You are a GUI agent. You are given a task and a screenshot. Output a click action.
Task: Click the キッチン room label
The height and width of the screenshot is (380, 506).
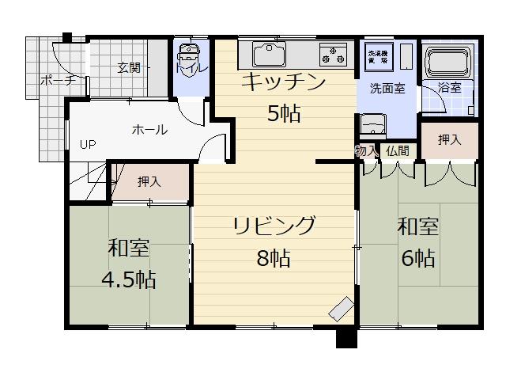pos(283,82)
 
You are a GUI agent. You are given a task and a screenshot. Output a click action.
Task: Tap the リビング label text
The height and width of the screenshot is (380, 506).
pos(274,226)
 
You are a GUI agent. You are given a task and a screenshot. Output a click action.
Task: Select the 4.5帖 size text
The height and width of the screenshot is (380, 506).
pos(127,279)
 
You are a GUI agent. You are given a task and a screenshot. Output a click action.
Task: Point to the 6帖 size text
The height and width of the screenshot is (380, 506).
pos(417,258)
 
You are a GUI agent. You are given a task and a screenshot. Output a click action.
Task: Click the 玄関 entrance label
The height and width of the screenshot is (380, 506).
pos(129,68)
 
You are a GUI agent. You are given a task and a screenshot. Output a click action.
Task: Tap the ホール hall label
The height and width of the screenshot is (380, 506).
pos(149,130)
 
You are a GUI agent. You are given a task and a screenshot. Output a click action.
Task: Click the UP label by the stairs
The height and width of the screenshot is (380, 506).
pos(87,145)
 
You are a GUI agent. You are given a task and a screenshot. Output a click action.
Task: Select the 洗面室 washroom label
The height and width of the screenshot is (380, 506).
pos(387,88)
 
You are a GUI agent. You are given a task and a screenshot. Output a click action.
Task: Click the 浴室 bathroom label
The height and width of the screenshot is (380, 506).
pos(450,88)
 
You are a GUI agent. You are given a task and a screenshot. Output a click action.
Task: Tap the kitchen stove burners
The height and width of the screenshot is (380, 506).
pos(332,55)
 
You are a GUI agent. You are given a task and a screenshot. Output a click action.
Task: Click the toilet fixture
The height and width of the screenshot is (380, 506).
pos(189,57)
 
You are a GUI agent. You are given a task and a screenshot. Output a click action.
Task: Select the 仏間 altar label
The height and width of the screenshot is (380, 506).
pos(398,150)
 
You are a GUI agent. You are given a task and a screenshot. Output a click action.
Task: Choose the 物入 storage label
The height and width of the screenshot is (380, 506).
pos(368,150)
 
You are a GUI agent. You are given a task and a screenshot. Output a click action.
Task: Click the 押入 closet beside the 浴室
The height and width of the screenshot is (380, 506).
pos(449,140)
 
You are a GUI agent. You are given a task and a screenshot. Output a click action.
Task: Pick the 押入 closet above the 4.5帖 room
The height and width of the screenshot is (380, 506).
pos(149,181)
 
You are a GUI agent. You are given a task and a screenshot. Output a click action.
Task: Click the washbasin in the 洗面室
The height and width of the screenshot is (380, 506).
pos(372,125)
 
